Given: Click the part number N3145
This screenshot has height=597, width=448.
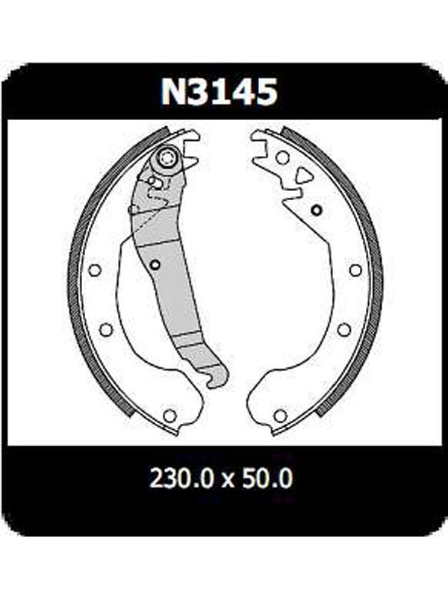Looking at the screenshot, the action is pyautogui.click(x=219, y=92).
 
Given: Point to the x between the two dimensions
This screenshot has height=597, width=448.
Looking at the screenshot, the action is pyautogui.click(x=228, y=481).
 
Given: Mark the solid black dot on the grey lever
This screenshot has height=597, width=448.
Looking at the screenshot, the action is pyautogui.click(x=155, y=264).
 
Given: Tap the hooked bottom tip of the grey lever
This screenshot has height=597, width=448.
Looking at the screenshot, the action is pyautogui.click(x=213, y=382).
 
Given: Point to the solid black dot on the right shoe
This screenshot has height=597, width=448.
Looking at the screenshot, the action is pyautogui.click(x=316, y=210).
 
